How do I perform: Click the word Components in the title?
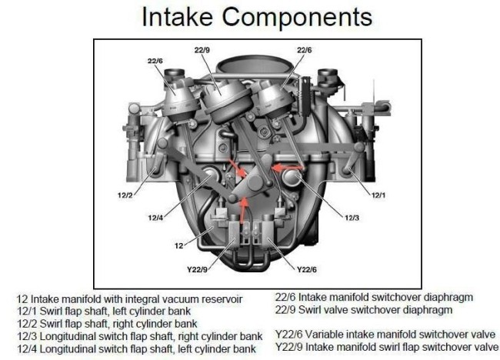click(x=297, y=17)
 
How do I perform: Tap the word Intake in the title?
click(x=177, y=17)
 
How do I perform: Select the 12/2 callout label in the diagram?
click(x=125, y=195)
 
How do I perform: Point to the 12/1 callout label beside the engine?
click(x=378, y=195)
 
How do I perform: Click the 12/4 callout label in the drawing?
click(x=155, y=218)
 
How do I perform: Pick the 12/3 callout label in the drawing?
click(x=352, y=218)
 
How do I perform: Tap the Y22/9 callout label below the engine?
click(x=197, y=270)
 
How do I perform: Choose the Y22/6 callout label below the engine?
click(x=307, y=270)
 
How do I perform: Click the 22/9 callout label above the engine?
click(x=202, y=50)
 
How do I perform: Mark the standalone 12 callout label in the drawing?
click(x=179, y=246)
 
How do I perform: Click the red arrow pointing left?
click(x=288, y=167)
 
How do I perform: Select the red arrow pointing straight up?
click(x=244, y=210)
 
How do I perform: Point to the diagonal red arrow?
click(x=237, y=167)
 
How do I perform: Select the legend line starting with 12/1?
click(x=104, y=312)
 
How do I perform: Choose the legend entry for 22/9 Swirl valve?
click(x=364, y=310)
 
